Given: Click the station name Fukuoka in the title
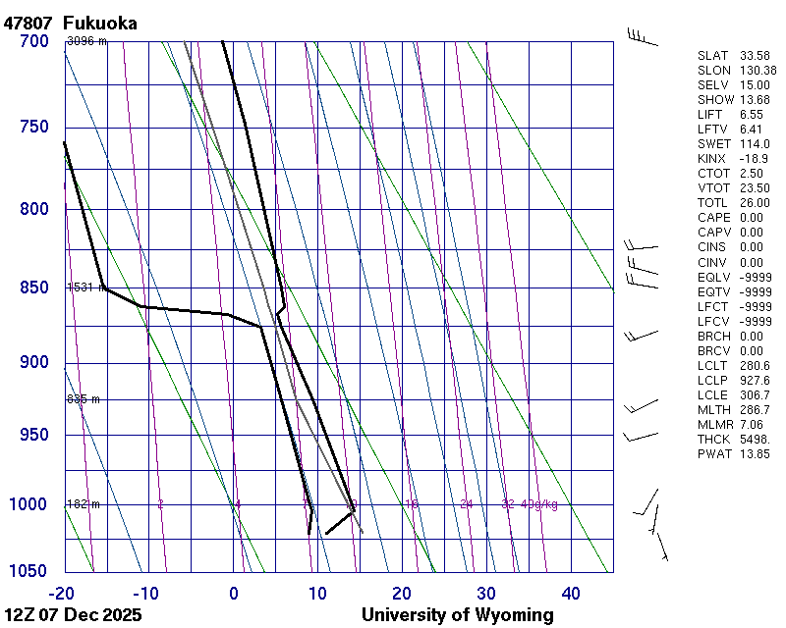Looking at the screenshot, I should (99, 23).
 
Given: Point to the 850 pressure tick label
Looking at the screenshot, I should (34, 288).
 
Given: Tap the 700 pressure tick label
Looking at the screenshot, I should (34, 41).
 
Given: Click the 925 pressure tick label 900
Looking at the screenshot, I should (34, 363).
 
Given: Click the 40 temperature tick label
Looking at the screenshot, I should (570, 593).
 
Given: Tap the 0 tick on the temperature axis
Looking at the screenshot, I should (234, 593).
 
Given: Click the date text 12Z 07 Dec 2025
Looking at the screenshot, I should (73, 615).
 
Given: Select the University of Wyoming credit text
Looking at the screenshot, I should (457, 615).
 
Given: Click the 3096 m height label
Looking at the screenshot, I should (86, 41).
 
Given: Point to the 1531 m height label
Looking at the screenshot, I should (85, 288).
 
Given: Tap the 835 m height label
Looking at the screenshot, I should (84, 399).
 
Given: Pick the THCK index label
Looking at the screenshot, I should (714, 440).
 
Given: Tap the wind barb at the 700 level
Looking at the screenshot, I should (641, 37).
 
